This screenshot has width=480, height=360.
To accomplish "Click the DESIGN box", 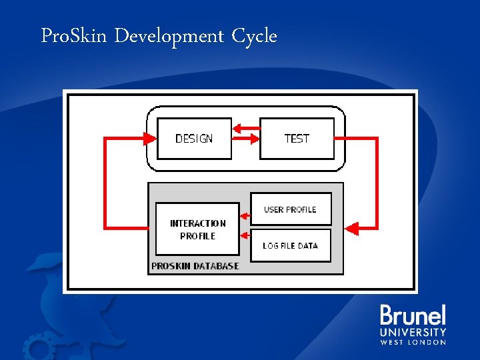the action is click(x=194, y=139).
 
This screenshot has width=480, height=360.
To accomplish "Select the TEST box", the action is click(x=297, y=139).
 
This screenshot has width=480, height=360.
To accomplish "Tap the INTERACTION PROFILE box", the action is click(x=197, y=229).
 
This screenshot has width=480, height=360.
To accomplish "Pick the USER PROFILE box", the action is click(x=290, y=209).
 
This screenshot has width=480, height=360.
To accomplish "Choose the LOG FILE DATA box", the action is click(x=290, y=245).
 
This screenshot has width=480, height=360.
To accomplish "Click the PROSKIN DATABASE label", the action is click(x=195, y=266).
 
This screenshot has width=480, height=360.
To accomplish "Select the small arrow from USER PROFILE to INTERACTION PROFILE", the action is click(x=245, y=215).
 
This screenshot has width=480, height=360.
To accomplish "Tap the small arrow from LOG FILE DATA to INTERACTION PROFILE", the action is click(x=245, y=234).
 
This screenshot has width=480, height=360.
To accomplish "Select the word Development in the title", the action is click(x=169, y=36).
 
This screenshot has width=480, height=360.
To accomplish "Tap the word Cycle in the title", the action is click(x=254, y=36).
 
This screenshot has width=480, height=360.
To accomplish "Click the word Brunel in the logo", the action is click(x=413, y=316).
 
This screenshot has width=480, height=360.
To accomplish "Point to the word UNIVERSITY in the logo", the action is click(x=413, y=332).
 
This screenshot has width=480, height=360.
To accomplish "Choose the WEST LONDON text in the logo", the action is click(x=413, y=342).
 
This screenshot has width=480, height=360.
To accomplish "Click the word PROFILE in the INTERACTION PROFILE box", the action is click(x=197, y=236).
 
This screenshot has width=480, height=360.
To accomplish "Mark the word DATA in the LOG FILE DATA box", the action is click(x=308, y=245).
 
